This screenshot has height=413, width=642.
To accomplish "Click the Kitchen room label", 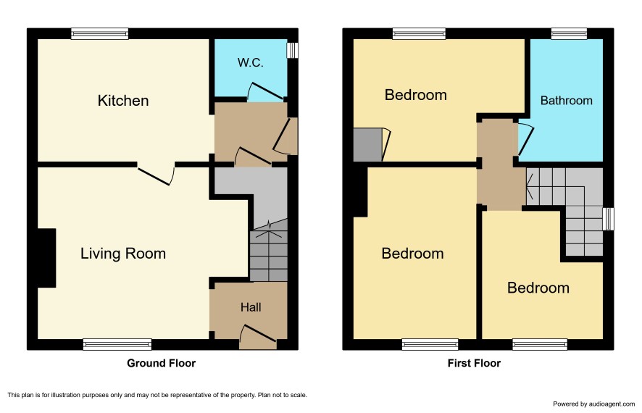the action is tap(123, 101).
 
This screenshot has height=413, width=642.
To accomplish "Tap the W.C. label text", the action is tap(250, 62).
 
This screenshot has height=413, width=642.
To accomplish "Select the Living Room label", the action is tap(123, 254).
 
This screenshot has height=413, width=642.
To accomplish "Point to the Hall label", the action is tap(251, 307).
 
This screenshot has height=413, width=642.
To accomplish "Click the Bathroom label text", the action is tap(566, 101).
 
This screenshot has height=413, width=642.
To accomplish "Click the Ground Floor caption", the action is tap(162, 363).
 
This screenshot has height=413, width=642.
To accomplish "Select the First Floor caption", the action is tap(474, 363).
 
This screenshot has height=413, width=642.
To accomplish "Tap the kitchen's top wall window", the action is tap(99, 33).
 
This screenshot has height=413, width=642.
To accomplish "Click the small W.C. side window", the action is tap(292, 50).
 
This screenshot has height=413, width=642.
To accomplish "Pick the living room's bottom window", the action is tap(117, 344).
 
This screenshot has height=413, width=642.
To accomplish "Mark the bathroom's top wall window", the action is tap(569, 33).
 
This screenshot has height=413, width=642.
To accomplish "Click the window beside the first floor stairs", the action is tap(609, 219).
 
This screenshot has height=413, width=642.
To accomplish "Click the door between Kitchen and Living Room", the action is tap(156, 175).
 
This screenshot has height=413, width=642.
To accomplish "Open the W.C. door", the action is tap(266, 92).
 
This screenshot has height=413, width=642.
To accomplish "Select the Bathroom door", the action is tap(526, 139).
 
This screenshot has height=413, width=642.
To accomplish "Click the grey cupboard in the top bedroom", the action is tap(367, 146).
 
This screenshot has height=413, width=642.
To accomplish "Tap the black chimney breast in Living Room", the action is tap(46, 258).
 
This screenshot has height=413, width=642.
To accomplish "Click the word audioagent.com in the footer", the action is tap(612, 404).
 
